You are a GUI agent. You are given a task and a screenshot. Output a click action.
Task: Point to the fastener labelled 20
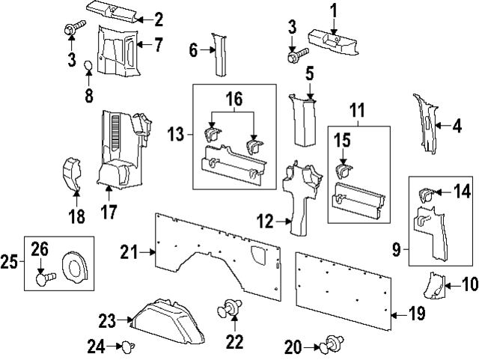pos(330,345)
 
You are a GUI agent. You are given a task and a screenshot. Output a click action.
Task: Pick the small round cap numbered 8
pos(88,67)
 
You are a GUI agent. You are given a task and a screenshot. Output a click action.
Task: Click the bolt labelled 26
pos(43,280)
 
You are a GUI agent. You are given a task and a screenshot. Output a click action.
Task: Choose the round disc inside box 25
pos(76,266)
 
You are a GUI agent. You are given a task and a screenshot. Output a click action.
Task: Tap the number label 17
pos(109,212)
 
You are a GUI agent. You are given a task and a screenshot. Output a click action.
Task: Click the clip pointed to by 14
pos(427,194)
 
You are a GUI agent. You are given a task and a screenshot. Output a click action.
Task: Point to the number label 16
pos(235,99)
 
